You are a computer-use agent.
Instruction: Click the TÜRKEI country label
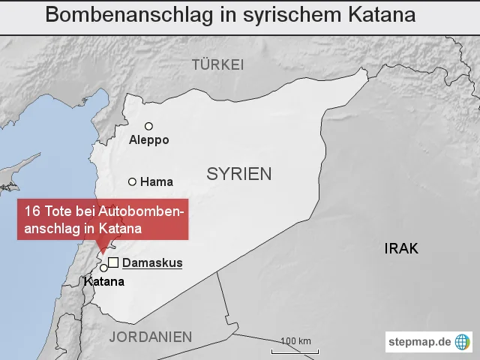coord(217,65)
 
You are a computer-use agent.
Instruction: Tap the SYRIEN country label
coord(239,175)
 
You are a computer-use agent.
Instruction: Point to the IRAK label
coord(400,249)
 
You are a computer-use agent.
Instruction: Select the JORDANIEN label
coord(151,337)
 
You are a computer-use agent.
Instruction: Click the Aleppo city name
coord(149,140)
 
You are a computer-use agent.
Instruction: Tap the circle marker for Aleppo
coord(148,126)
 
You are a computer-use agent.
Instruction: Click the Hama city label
coord(157,181)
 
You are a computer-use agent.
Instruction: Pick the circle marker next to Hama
coord(133,181)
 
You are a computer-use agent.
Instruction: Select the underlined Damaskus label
coord(152,263)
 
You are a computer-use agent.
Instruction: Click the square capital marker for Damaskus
coord(113,262)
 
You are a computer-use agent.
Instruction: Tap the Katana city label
coord(104,282)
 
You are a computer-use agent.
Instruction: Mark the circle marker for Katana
coord(103,268)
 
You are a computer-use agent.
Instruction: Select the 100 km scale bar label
coord(295,341)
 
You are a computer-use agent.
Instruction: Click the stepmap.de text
coord(420,342)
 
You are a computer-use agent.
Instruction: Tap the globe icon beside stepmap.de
coord(463,342)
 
